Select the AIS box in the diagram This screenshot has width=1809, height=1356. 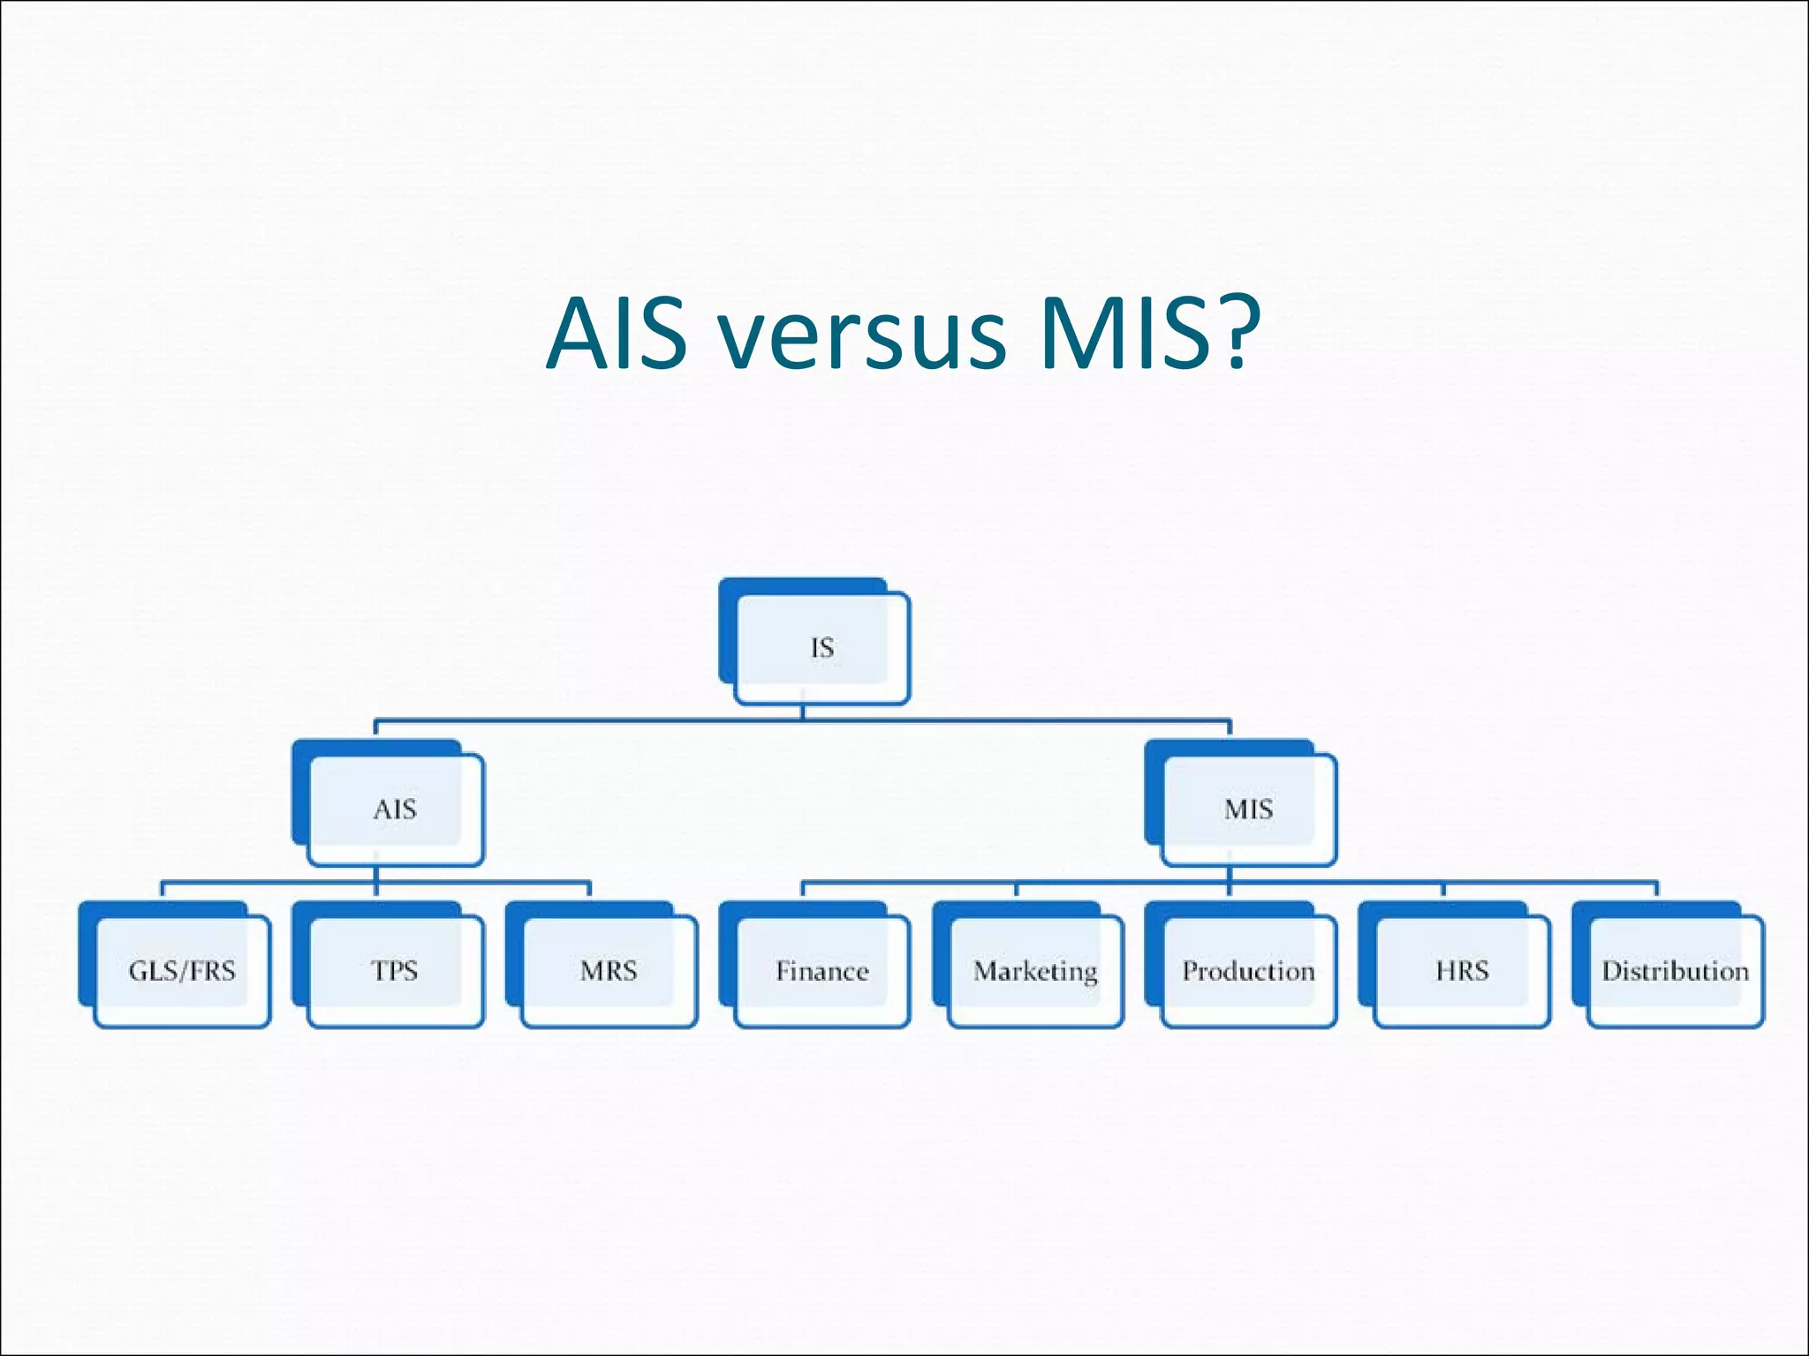(x=395, y=809)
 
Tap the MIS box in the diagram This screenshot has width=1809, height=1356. (x=1248, y=809)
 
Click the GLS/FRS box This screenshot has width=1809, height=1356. (x=182, y=971)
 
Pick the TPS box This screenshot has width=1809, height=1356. (x=395, y=971)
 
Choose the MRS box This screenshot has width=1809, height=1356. (x=609, y=971)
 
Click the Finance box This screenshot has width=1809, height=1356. (x=821, y=971)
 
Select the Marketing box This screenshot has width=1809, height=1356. (x=1035, y=971)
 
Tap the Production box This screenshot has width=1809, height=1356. (x=1248, y=971)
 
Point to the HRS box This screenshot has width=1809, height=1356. (x=1462, y=971)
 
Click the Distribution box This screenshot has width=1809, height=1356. (x=1675, y=971)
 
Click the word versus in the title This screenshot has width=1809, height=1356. (x=862, y=335)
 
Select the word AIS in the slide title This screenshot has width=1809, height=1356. (x=616, y=335)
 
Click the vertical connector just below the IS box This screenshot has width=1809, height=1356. (x=803, y=712)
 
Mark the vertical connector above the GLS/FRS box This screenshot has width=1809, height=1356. (x=163, y=890)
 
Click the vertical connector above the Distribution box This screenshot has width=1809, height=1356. (x=1656, y=890)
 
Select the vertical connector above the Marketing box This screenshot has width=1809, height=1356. (x=1016, y=890)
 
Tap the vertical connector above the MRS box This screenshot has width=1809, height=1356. (x=589, y=890)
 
